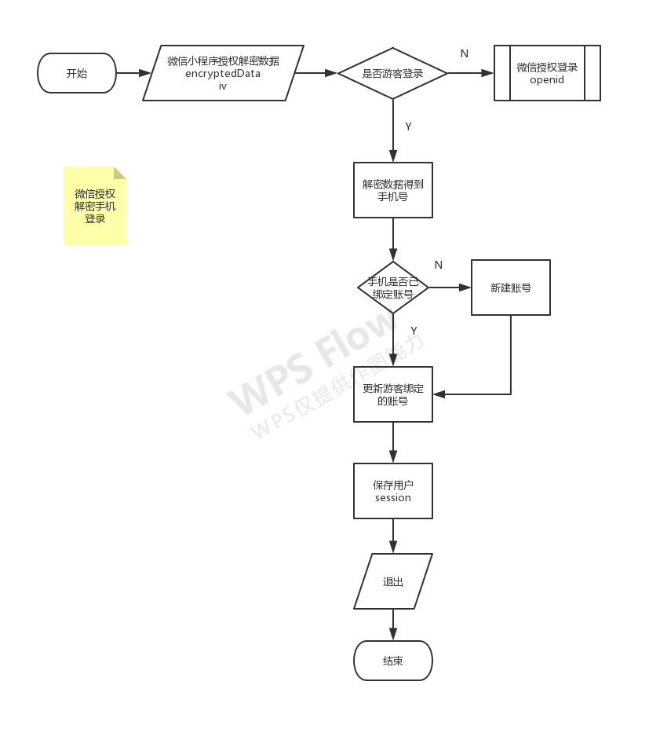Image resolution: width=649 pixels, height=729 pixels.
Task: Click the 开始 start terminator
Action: (x=77, y=73)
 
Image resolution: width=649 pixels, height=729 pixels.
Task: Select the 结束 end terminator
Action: (x=393, y=661)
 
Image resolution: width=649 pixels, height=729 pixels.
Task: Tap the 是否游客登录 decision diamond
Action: (x=393, y=73)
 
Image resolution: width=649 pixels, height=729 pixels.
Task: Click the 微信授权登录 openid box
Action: (x=547, y=73)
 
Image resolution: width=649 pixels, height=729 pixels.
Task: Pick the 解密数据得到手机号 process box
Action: (x=393, y=190)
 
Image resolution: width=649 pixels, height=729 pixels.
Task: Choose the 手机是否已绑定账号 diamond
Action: (x=393, y=288)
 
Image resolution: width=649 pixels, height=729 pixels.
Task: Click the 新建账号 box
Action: (x=511, y=288)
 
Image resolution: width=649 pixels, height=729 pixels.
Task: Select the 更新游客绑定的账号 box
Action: (x=393, y=394)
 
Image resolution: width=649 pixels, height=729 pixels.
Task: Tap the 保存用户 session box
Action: (x=393, y=491)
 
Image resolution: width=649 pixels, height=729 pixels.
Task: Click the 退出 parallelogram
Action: (x=393, y=581)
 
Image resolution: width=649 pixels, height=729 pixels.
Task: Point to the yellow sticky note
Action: (x=95, y=206)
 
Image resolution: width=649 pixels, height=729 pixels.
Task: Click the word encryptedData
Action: (x=223, y=74)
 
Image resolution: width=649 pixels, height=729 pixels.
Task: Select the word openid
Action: (x=547, y=80)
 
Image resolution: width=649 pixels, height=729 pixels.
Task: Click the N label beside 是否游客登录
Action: (x=464, y=54)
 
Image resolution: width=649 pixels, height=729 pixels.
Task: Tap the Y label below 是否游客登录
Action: (x=408, y=126)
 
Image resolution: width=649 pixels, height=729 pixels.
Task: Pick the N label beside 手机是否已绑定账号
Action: (x=438, y=265)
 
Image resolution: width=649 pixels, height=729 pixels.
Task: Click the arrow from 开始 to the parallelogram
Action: (x=133, y=73)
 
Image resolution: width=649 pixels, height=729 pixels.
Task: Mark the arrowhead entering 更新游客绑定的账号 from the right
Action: (x=439, y=394)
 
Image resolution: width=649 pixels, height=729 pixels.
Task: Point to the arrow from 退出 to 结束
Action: (x=393, y=625)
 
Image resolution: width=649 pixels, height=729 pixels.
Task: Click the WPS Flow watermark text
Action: (x=312, y=361)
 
